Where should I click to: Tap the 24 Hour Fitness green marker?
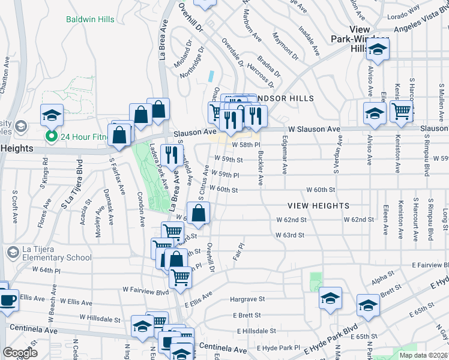click(x=52, y=136)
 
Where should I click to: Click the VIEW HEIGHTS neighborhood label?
click(x=318, y=206)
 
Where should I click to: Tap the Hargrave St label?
click(x=247, y=299)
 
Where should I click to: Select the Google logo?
click(x=20, y=352)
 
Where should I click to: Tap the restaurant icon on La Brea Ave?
click(x=173, y=156)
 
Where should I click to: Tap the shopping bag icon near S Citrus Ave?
click(x=199, y=213)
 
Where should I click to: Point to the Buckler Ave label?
click(x=260, y=168)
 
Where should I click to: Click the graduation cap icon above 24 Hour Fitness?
click(x=52, y=114)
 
